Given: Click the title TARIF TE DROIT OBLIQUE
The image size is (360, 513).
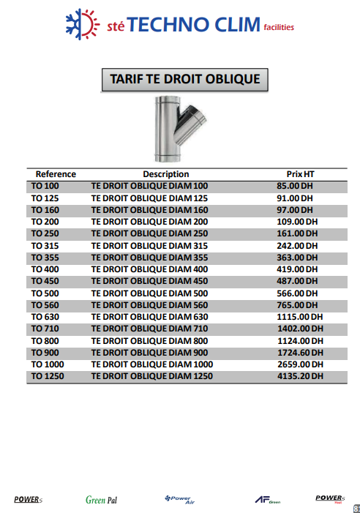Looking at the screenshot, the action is (x=184, y=78).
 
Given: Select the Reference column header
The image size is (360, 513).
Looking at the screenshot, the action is (x=56, y=174).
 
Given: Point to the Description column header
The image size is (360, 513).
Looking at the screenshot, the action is (x=166, y=174).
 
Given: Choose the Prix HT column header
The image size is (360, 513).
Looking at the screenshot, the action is (x=301, y=174).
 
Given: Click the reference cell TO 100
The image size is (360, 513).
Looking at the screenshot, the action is (x=45, y=186).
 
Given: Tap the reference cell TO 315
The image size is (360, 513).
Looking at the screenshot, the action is (x=45, y=245).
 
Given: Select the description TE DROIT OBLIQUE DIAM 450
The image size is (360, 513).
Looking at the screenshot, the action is (x=149, y=280).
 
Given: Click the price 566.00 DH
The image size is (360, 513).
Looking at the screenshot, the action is (x=296, y=293).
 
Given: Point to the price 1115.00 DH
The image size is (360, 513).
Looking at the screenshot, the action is (x=299, y=316).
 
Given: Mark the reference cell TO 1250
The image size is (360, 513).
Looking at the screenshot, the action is (x=48, y=376).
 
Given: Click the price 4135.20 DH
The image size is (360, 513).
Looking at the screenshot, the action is (x=300, y=376).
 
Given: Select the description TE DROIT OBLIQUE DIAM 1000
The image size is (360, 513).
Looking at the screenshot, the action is (x=151, y=364).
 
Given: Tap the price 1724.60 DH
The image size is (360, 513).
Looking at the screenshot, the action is (x=300, y=352).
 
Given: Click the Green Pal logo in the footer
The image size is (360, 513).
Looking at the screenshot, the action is (x=101, y=500).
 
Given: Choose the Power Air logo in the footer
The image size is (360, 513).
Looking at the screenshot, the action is (x=179, y=499).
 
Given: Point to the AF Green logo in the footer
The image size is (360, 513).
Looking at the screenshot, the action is (x=267, y=500).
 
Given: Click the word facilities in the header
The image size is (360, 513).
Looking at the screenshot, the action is (x=279, y=28).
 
